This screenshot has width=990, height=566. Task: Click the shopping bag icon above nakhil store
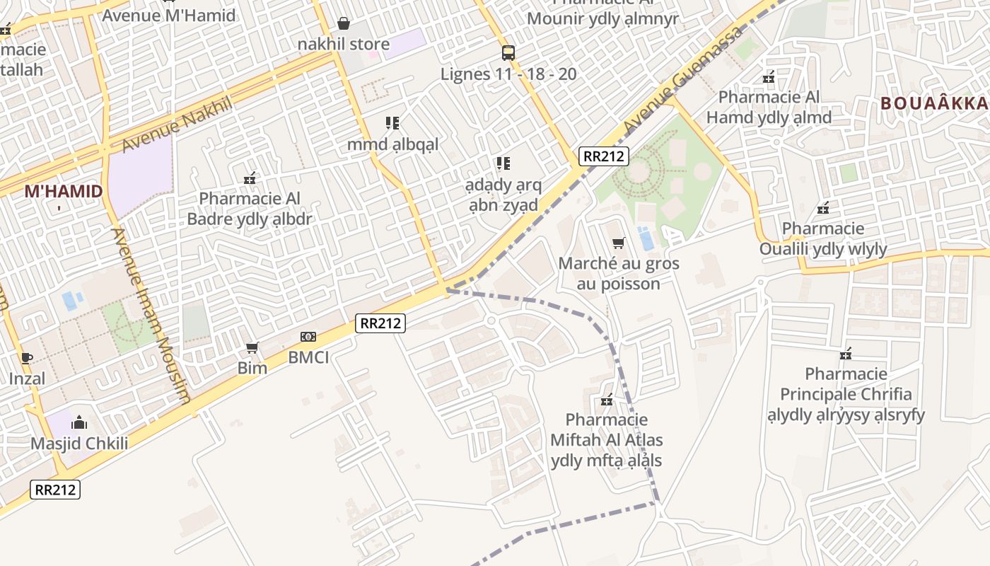(344, 23)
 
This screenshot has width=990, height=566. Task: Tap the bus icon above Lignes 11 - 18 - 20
(508, 52)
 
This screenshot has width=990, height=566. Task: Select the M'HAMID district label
(64, 191)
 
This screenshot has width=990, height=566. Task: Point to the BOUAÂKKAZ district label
(933, 103)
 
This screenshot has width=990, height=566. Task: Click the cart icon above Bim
(252, 347)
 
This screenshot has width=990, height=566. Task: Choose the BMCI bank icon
(308, 337)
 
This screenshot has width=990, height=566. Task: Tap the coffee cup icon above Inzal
(26, 358)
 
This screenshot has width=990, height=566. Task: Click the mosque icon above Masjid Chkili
(79, 423)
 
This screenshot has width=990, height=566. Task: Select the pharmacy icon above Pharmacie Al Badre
(250, 178)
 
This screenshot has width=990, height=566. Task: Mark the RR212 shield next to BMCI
(380, 323)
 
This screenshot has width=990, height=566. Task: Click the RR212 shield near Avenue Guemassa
(603, 156)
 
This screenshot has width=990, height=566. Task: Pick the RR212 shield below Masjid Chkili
(55, 490)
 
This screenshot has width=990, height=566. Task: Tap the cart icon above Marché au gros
(619, 243)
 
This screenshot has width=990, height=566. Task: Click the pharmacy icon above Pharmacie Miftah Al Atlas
(606, 400)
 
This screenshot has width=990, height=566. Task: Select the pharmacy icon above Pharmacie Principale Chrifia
(845, 353)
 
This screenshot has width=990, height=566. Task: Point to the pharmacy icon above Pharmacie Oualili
(822, 208)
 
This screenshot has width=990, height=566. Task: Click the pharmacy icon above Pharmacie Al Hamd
(769, 77)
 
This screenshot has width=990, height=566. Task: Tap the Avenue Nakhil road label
(177, 125)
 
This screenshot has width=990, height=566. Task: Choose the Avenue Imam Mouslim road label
(151, 315)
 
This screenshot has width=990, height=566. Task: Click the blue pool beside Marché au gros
(646, 238)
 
